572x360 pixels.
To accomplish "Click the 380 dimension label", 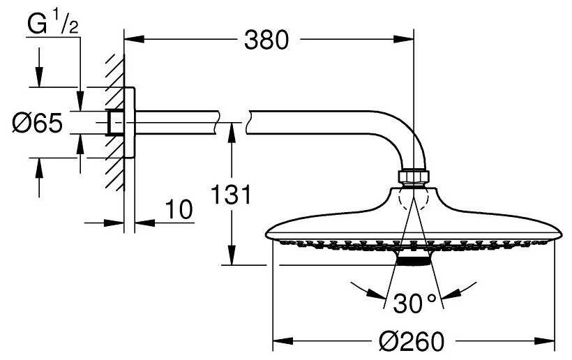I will click(266, 41).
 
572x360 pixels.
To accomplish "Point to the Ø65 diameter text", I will click(38, 123).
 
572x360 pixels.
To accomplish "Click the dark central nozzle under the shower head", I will click(414, 258).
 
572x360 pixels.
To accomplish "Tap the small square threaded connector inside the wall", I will click(114, 123).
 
